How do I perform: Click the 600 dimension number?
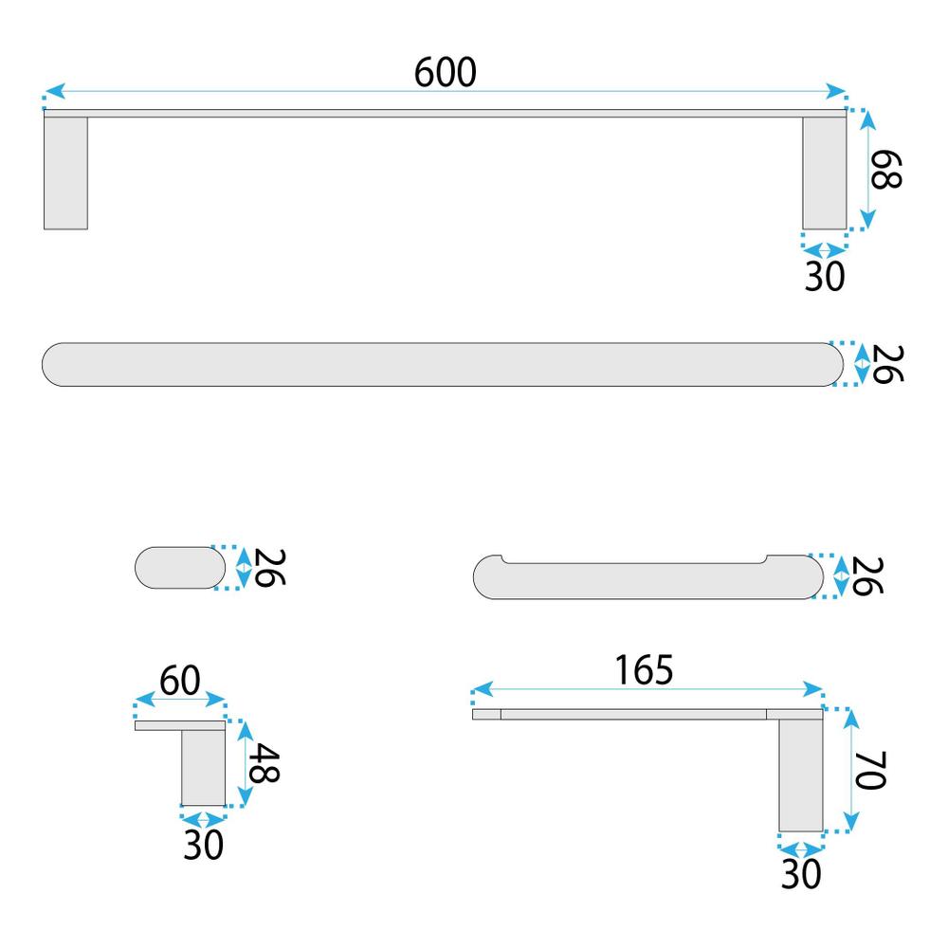(445, 72)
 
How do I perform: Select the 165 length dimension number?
(644, 669)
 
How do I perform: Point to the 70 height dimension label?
(870, 770)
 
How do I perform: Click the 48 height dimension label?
(264, 762)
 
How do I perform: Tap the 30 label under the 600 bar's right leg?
(824, 276)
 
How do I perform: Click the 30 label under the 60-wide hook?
(203, 843)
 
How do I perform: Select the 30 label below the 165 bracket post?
(800, 873)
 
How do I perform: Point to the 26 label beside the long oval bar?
(886, 364)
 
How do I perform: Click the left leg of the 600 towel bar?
(65, 172)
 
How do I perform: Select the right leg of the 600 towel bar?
(824, 172)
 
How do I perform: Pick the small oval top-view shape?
(181, 568)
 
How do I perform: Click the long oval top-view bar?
(441, 364)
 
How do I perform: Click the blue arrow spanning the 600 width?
(284, 92)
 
